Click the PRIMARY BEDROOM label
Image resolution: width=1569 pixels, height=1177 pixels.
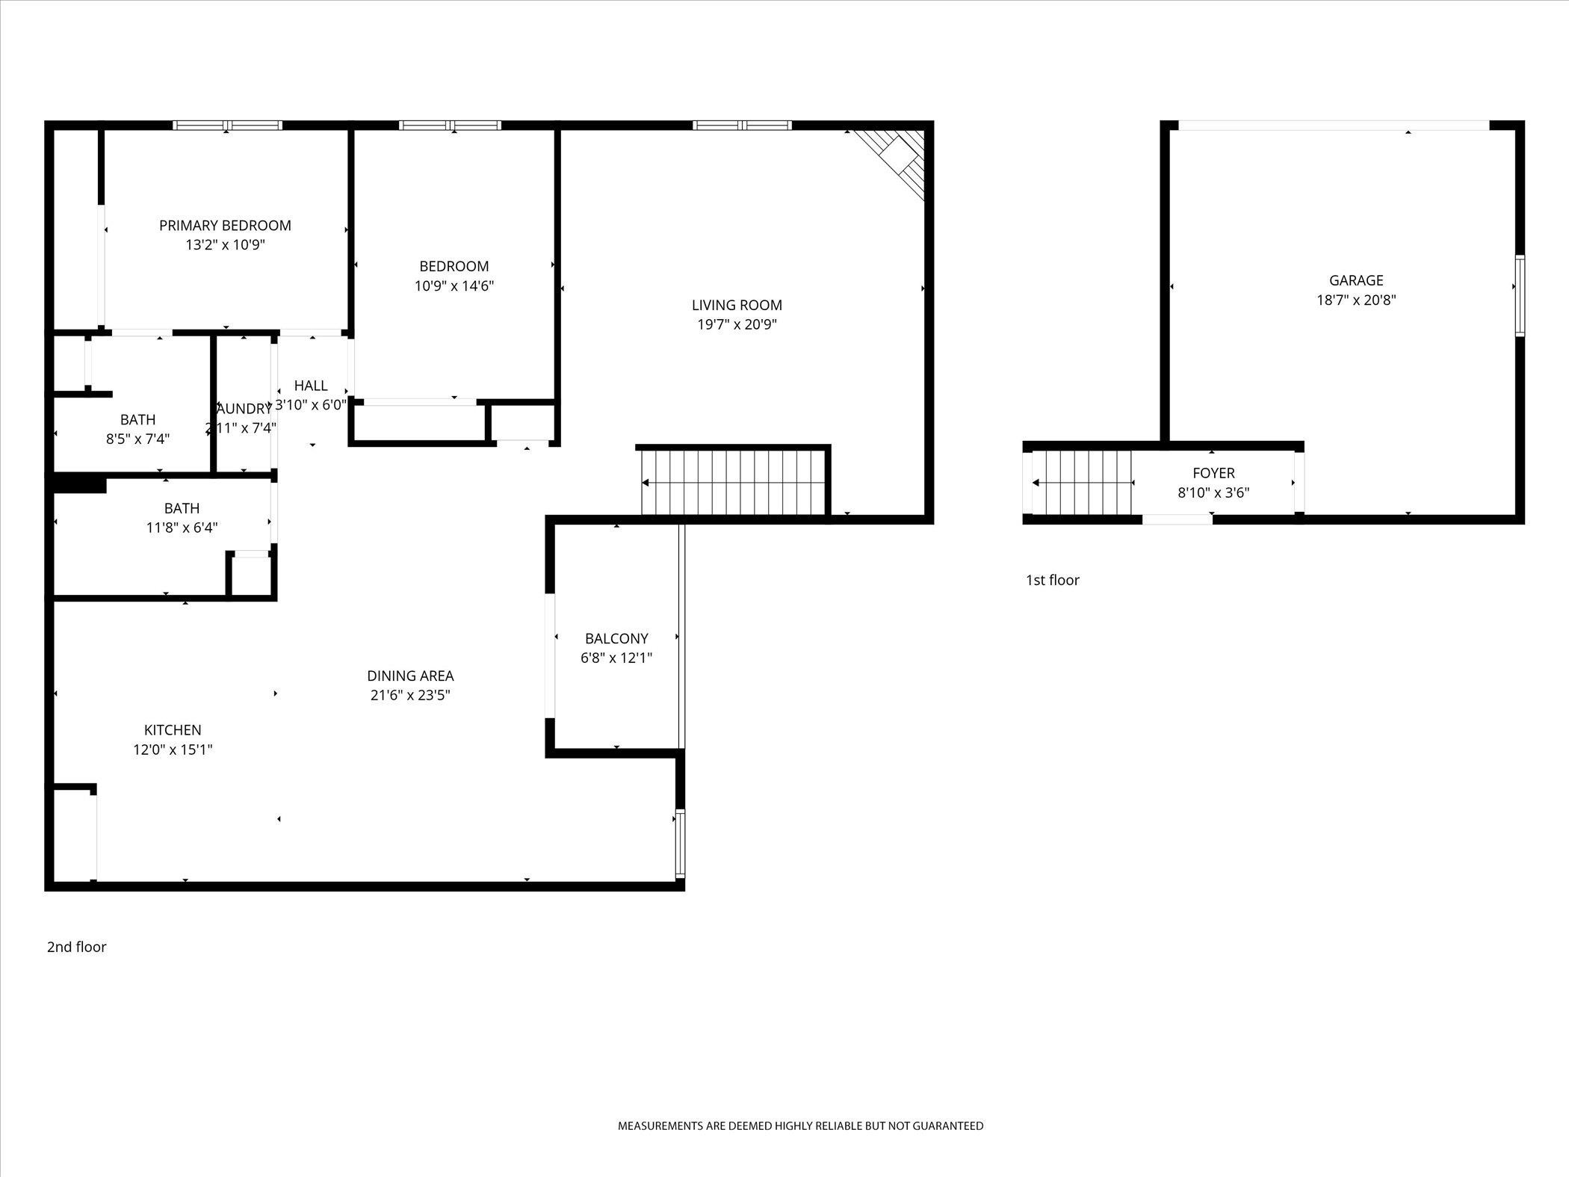coord(225,226)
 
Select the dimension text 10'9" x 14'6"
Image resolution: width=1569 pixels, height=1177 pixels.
coord(454,285)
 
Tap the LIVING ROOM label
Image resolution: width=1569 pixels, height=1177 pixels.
coord(737,305)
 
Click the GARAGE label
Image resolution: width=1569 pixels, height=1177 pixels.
coord(1356,280)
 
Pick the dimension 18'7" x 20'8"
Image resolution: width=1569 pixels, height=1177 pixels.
coord(1356,300)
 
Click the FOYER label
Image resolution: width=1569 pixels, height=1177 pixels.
coord(1213,473)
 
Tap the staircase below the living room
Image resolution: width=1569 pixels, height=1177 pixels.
coord(734,483)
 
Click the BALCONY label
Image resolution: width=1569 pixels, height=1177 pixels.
coord(616,638)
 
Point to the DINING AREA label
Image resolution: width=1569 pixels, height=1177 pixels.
coord(410,676)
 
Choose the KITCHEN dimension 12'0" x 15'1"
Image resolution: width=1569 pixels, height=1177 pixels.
coord(173,750)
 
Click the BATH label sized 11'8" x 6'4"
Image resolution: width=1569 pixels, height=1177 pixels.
coord(182,508)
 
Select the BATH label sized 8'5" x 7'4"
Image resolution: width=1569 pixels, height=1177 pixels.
coord(137,419)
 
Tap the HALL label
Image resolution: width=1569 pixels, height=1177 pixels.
coord(311,386)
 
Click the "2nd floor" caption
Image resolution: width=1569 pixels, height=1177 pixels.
coord(77,947)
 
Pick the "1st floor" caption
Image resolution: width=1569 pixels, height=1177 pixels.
coord(1052,580)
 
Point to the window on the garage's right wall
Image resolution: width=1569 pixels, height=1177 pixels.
coord(1520,296)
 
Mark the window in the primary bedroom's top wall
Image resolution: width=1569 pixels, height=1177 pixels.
coord(227,126)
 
